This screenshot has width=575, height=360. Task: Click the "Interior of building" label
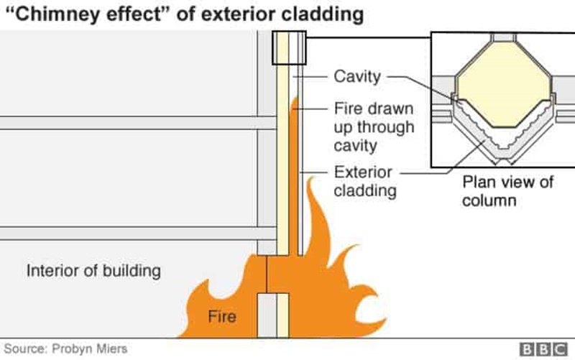point(93,271)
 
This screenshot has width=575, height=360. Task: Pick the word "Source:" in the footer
point(27,349)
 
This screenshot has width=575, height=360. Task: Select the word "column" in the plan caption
point(489,200)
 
